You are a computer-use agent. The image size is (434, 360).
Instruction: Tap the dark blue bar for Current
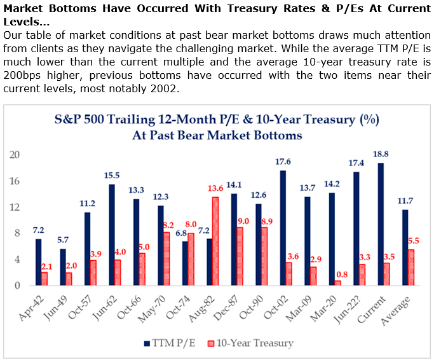(380, 224)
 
